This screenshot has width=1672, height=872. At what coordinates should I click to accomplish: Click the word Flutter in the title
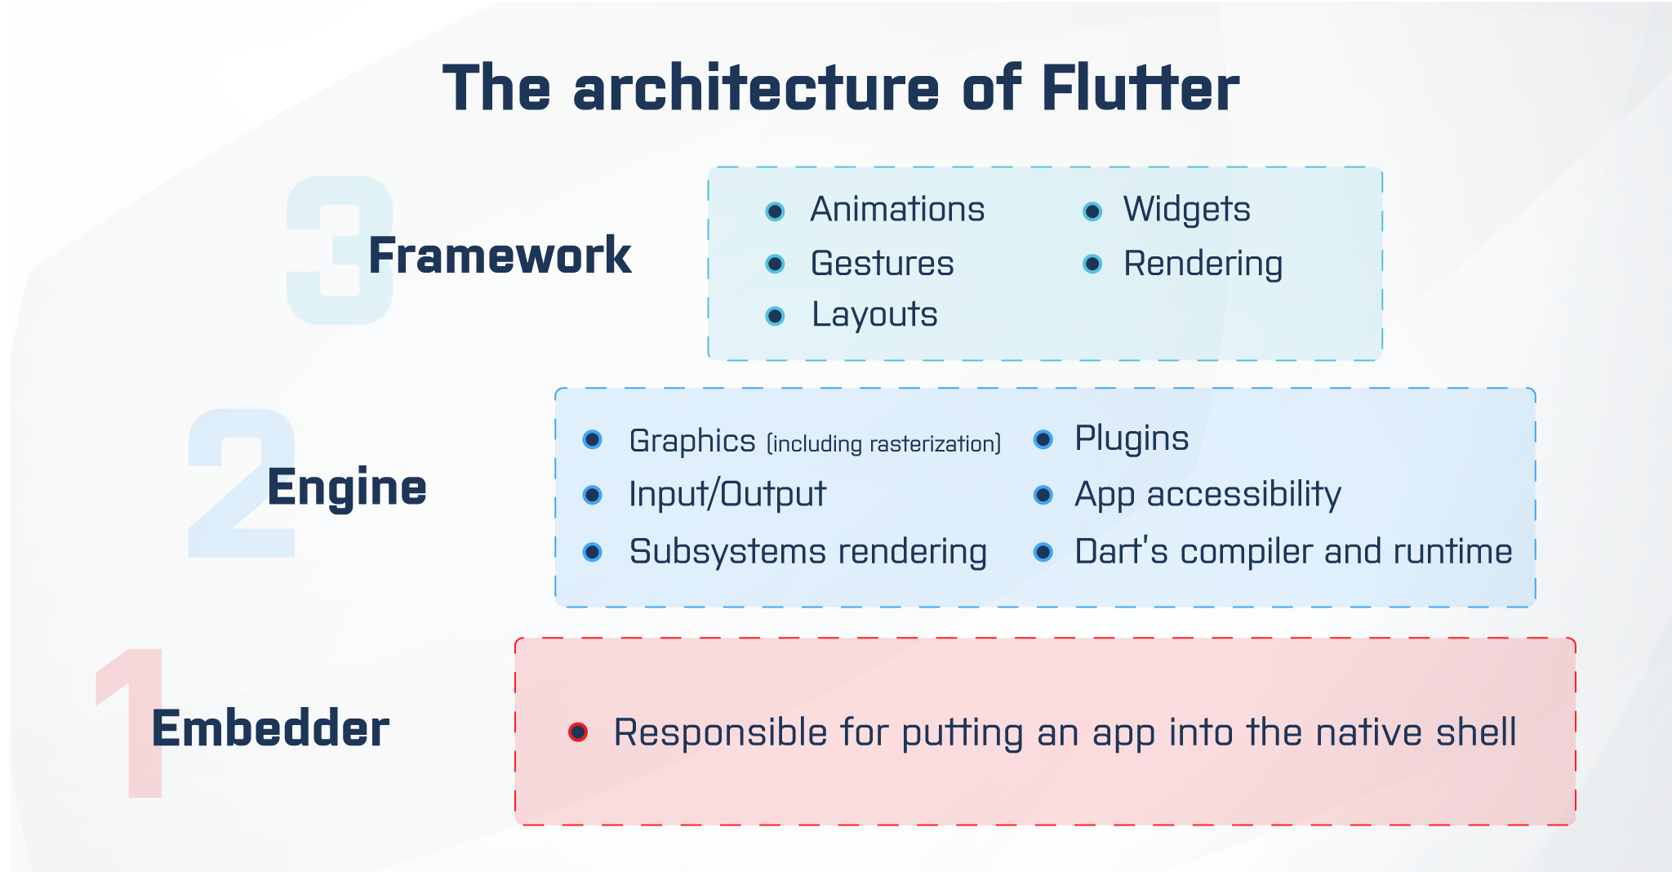(x=1140, y=88)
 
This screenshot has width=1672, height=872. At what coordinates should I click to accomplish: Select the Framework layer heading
(x=500, y=256)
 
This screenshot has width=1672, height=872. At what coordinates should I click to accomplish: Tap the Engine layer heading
(x=346, y=487)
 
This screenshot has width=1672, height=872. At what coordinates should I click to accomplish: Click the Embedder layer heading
(x=270, y=728)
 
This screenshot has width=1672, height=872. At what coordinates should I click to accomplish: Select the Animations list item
(x=897, y=210)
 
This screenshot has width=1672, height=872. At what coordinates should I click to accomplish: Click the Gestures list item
(x=882, y=264)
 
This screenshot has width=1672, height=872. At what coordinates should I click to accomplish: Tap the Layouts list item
(x=874, y=315)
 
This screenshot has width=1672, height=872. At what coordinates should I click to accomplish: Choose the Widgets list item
(x=1186, y=210)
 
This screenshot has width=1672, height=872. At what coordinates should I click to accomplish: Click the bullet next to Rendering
(x=1092, y=264)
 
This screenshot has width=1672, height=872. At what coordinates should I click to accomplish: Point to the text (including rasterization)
(x=883, y=443)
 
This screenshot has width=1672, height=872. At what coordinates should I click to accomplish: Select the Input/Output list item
(x=727, y=495)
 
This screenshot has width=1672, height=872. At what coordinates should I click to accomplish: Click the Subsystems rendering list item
(x=807, y=552)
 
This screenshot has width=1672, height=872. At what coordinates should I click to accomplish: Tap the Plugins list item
(x=1132, y=438)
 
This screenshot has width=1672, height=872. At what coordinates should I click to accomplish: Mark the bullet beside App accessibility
(x=1043, y=495)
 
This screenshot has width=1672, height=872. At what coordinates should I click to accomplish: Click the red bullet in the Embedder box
(x=578, y=732)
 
